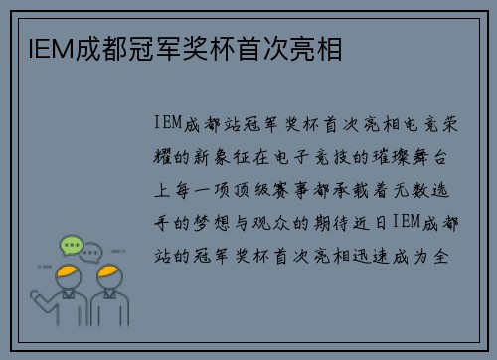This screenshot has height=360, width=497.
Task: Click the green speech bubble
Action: (70, 244)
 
